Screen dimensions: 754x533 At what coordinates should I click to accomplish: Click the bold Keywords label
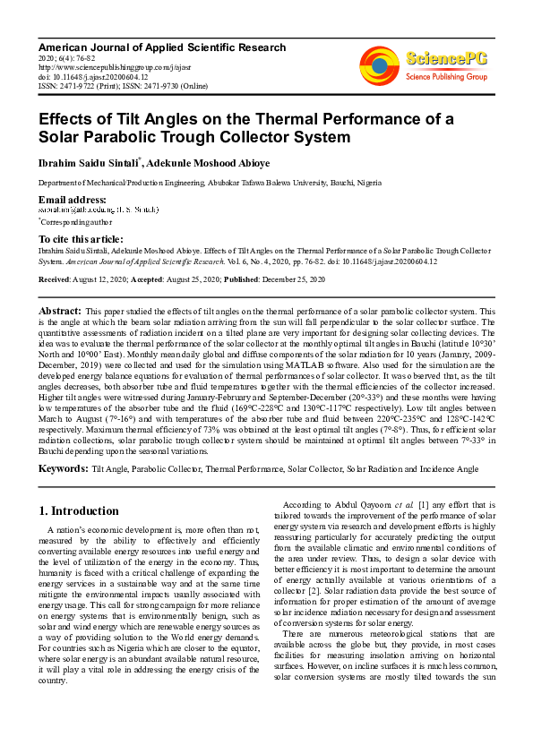(63, 468)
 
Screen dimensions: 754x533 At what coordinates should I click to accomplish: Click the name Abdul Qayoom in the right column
(360, 504)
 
